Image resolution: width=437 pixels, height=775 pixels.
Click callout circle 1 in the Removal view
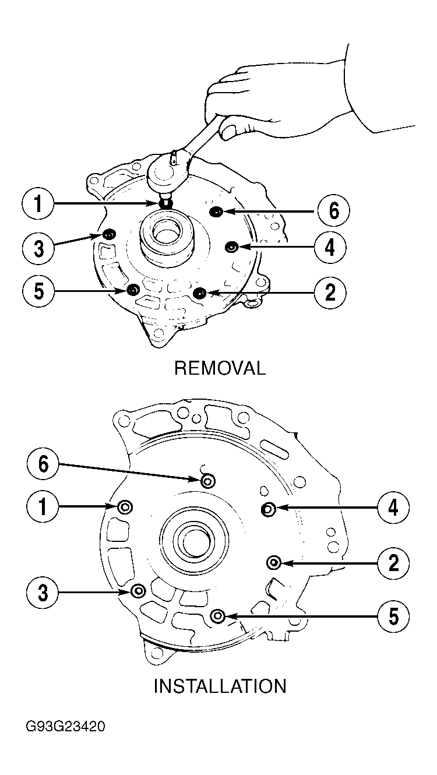point(38,204)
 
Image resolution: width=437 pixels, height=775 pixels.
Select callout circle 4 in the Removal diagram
point(330,248)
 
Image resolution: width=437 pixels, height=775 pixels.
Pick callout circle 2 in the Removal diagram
point(330,293)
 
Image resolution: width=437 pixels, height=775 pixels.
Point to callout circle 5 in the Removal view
point(38,291)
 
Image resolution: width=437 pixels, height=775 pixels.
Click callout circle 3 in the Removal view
point(38,248)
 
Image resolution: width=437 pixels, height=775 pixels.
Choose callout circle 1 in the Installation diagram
point(43,507)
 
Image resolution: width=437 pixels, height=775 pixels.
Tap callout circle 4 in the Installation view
point(393,508)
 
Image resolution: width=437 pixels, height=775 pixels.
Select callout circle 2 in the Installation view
point(393,563)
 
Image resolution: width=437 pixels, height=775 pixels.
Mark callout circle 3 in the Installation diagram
point(43,593)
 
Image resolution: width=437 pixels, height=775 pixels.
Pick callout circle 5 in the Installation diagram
point(393,616)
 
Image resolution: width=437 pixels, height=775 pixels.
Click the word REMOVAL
point(220,368)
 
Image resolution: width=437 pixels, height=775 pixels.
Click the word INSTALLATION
point(220,686)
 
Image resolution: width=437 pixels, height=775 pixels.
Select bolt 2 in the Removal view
point(200,293)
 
